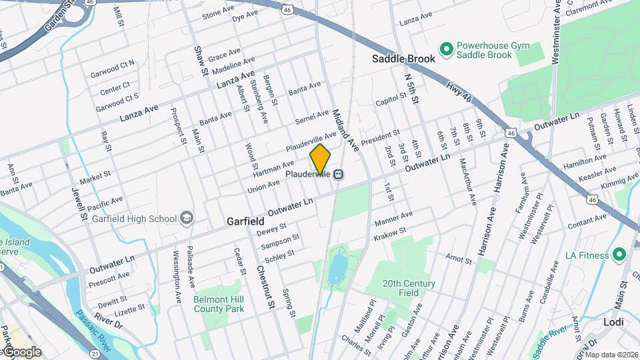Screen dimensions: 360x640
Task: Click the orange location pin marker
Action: (320, 158)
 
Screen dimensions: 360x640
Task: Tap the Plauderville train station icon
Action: (339, 175)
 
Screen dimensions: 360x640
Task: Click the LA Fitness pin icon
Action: (619, 255)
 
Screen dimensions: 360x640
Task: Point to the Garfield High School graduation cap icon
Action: (187, 218)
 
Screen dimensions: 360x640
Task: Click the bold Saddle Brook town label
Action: (403, 59)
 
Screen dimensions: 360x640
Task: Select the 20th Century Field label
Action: (409, 288)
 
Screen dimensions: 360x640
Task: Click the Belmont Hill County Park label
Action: (219, 304)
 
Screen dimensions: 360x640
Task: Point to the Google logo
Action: (23, 352)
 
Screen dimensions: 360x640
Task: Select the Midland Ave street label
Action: (345, 129)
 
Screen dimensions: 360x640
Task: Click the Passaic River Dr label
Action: (100, 319)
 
